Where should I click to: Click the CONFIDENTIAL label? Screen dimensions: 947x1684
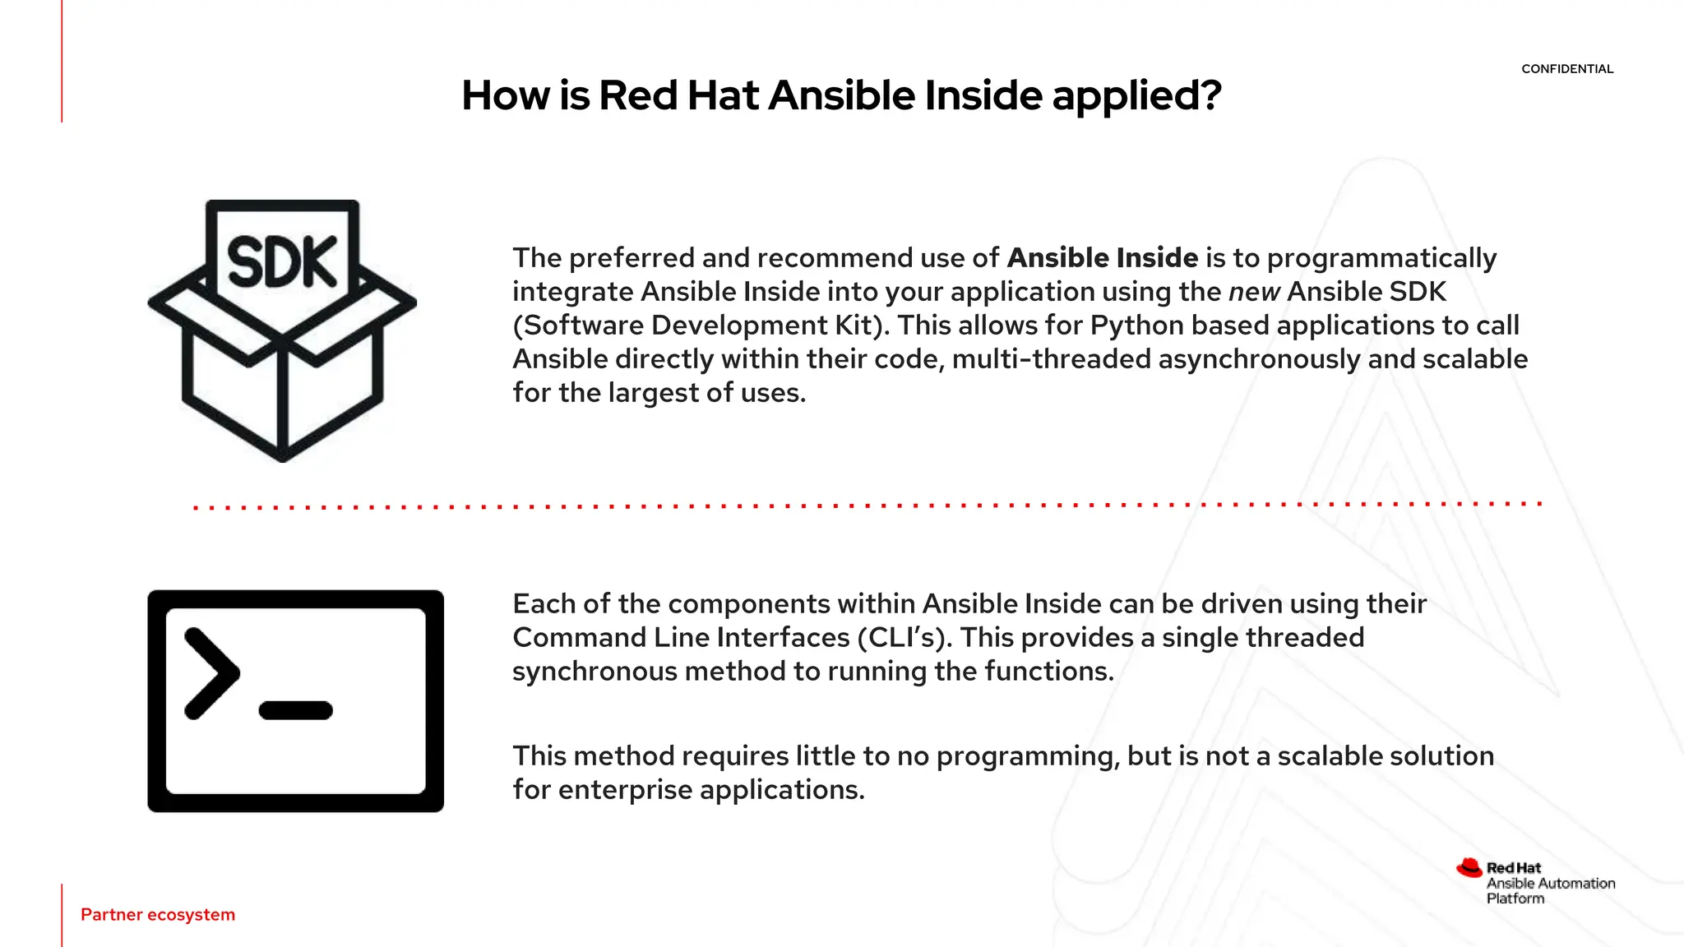tap(1566, 69)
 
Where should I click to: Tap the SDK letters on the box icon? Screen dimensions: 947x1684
tap(282, 262)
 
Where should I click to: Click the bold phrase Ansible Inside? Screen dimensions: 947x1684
tap(1102, 258)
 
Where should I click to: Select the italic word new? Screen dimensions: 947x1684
tap(1254, 292)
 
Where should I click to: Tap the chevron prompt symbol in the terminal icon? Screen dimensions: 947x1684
tap(211, 673)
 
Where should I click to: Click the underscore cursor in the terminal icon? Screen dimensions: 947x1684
tap(296, 710)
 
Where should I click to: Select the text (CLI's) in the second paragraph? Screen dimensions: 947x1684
tap(904, 638)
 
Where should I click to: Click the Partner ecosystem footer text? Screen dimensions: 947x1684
tap(158, 915)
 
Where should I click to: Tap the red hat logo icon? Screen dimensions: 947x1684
tap(1469, 868)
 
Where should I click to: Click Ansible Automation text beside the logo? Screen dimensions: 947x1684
tap(1550, 884)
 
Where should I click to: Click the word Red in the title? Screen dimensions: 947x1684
tap(638, 96)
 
